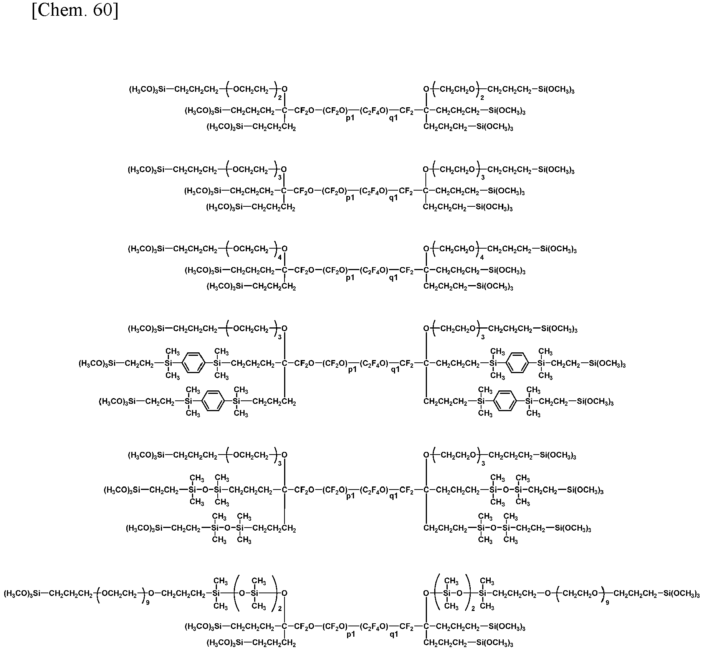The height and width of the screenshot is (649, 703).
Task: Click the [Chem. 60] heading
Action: pos(75,11)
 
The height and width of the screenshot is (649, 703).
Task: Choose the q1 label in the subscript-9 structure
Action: pos(394,634)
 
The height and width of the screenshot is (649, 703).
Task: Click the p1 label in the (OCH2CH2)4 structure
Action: pos(350,277)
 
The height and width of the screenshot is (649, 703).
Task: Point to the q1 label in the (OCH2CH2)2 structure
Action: pos(394,118)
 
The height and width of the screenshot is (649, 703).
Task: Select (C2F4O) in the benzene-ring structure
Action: pos(374,364)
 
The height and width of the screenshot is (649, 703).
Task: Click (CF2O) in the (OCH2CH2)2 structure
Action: pos(335,111)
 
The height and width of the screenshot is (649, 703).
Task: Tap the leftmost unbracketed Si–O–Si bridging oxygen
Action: pos(205,490)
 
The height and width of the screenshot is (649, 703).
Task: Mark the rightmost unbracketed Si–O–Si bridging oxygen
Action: pos(506,490)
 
